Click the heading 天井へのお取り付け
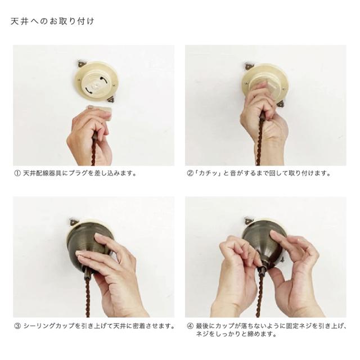point(52,21)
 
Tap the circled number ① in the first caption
point(17,173)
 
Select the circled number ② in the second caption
point(190,173)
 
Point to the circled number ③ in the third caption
point(17,326)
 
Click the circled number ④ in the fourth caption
point(190,326)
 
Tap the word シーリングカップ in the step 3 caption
point(49,326)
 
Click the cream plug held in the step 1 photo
point(100,112)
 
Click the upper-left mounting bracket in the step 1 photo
point(81,63)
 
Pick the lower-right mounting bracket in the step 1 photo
point(111,100)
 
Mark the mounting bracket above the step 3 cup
point(74,222)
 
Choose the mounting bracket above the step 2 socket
point(249,66)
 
